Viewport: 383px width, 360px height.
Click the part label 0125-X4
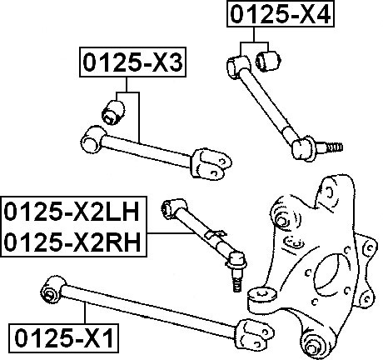coord(281,13)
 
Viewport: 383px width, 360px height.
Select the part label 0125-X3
coord(132,62)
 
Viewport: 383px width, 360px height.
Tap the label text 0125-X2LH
coord(72,212)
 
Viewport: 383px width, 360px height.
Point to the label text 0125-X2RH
coord(72,242)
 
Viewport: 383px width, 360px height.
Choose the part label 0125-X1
coord(64,338)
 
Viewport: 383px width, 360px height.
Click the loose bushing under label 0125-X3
coord(113,112)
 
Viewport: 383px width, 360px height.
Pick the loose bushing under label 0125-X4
coord(268,61)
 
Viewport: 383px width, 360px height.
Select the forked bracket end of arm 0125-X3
coord(211,163)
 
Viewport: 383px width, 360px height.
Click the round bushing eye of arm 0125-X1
coord(52,291)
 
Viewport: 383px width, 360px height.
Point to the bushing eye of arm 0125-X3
coord(92,140)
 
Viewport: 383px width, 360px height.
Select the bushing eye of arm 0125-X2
coord(173,209)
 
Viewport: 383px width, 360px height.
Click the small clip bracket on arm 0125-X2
coord(215,234)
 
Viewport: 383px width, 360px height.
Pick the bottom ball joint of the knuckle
coord(315,344)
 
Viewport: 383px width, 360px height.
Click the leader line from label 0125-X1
coord(85,313)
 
